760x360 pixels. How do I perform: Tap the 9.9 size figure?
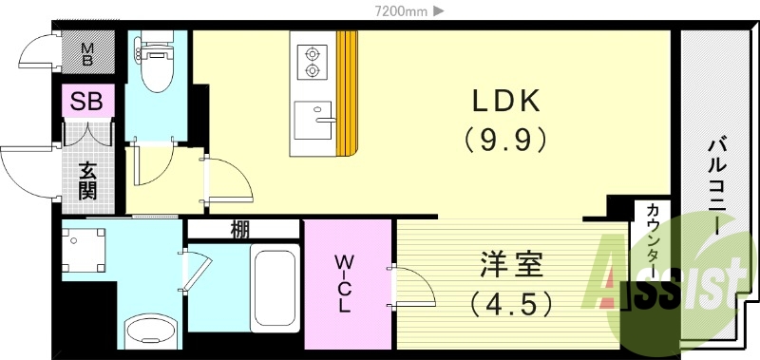coord(505,139)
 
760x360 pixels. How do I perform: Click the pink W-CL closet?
coord(347,283)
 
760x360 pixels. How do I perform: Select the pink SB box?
coord(88,100)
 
